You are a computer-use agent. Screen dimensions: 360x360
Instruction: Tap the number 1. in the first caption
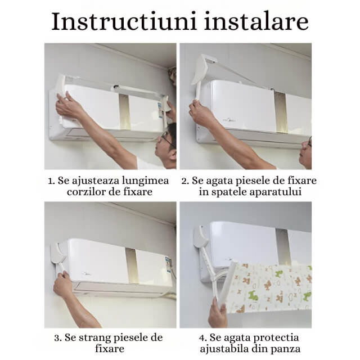tap(52, 181)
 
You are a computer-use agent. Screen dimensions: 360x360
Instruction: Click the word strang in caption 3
tap(97, 338)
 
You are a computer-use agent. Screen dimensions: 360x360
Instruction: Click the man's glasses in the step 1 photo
tap(167, 137)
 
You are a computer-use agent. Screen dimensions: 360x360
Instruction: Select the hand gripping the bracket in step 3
tap(62, 284)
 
